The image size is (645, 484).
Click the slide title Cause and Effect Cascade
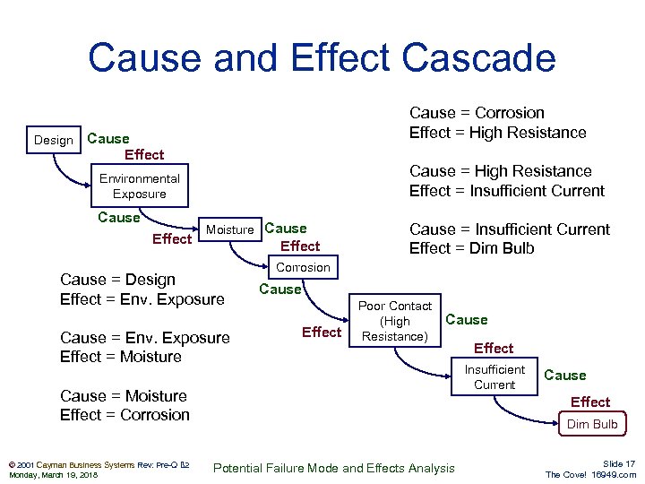click(x=322, y=58)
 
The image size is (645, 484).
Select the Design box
click(x=54, y=140)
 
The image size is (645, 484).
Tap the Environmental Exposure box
click(x=139, y=186)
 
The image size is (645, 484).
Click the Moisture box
click(x=229, y=229)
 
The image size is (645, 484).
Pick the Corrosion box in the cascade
click(x=303, y=267)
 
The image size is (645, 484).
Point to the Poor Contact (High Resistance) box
click(x=395, y=321)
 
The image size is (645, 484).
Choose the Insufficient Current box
click(x=494, y=377)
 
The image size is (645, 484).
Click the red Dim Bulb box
click(x=592, y=424)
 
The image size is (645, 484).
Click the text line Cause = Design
click(x=117, y=280)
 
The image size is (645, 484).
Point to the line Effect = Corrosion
click(x=125, y=415)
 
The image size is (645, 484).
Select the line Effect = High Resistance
click(x=497, y=133)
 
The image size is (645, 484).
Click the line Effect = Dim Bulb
click(x=471, y=248)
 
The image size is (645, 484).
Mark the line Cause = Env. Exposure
click(x=144, y=338)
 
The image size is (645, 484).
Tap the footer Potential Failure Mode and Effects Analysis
click(x=335, y=468)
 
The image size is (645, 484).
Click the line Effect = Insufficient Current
click(x=506, y=191)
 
